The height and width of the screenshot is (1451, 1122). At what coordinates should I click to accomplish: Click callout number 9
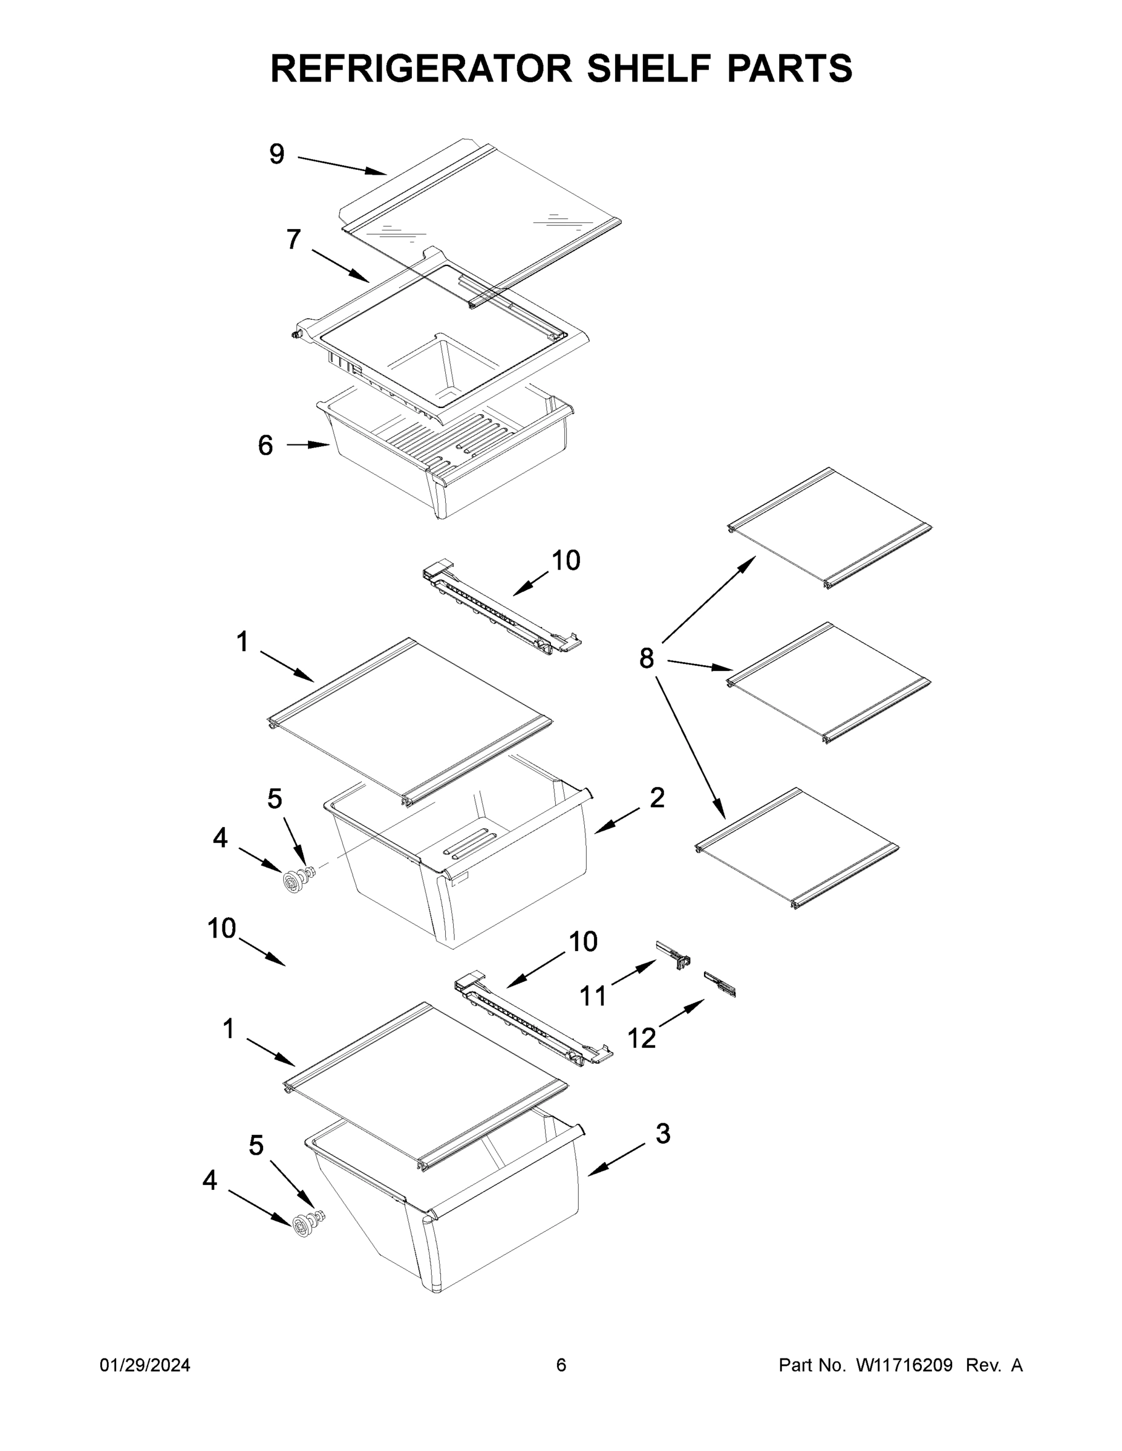pos(276,154)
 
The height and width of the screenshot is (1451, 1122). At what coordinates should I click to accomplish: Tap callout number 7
pos(293,239)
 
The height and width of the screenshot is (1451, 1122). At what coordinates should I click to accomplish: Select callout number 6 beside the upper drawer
pos(265,445)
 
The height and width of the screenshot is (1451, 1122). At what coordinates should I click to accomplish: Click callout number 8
pos(646,658)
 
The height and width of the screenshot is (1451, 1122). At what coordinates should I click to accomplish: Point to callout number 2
pos(657,797)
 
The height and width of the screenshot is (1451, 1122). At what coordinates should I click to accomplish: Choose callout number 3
pos(663,1134)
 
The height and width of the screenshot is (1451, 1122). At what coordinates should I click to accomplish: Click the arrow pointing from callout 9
pos(342,166)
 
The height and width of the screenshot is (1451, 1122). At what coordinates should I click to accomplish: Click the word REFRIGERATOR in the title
pos(421,68)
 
